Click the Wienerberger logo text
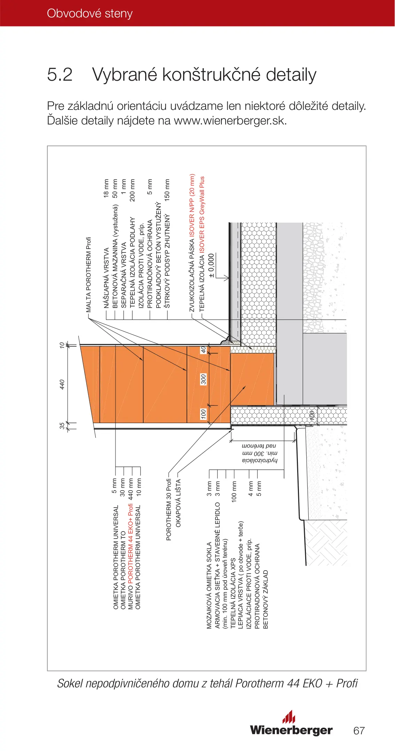[x=291, y=730]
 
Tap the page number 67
[x=359, y=730]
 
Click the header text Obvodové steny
[x=89, y=13]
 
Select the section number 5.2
[x=60, y=74]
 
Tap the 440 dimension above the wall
[x=62, y=384]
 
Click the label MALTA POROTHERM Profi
[x=88, y=274]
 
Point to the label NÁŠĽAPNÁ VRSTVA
[x=106, y=278]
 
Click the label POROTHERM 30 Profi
[x=169, y=509]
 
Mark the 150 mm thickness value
[x=167, y=190]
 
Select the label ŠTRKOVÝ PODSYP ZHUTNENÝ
[x=167, y=261]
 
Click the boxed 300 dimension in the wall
[x=204, y=379]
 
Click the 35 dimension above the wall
[x=62, y=425]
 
